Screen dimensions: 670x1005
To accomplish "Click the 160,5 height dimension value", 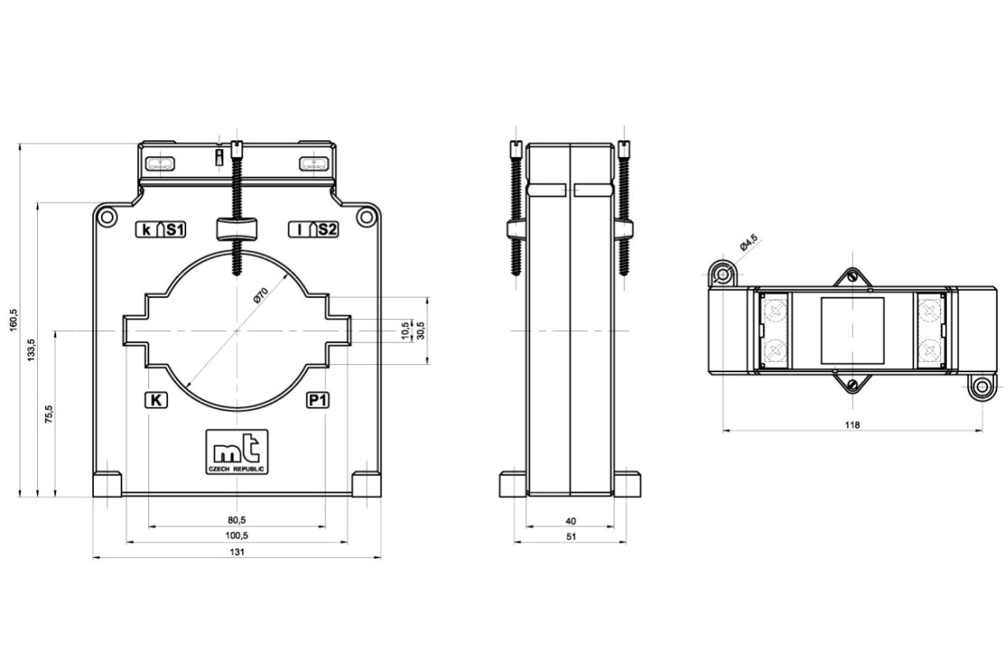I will (13, 320).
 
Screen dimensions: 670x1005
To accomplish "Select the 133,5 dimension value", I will (32, 350).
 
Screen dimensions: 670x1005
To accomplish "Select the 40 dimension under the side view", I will (571, 521).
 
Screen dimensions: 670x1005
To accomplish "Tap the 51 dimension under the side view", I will (571, 537).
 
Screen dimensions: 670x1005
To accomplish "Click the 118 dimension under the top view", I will (852, 425).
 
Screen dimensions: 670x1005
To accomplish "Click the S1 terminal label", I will (174, 230).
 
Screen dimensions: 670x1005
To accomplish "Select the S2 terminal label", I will (327, 230).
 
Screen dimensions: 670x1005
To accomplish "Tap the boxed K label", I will (156, 400).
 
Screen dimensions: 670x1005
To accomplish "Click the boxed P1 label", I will (318, 400).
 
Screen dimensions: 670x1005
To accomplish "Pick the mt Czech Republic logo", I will (236, 452).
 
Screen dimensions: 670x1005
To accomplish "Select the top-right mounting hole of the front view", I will (367, 217).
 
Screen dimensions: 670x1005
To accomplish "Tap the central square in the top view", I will (852, 330).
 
